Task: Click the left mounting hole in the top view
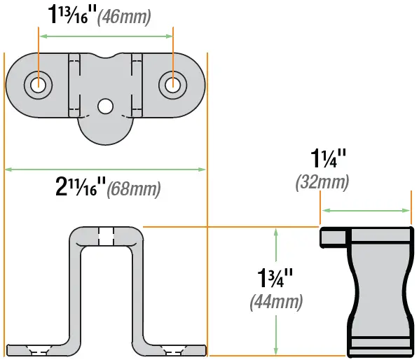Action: (x=38, y=85)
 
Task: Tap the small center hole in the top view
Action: (x=105, y=106)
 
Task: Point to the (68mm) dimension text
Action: (x=133, y=189)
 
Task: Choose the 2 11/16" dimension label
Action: (x=80, y=187)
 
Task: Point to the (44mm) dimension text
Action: (x=275, y=303)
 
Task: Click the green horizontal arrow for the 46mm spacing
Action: (x=105, y=35)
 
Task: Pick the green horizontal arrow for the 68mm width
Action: (x=105, y=169)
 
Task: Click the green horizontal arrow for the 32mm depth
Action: (x=366, y=209)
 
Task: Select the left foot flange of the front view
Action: (x=35, y=349)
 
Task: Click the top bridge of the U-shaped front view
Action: (x=105, y=235)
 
